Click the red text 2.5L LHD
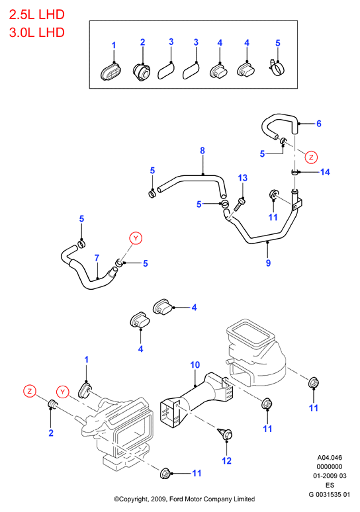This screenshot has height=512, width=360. point(37,15)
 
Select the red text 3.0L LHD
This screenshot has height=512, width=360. point(37,32)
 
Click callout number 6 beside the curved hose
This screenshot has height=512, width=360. point(318,124)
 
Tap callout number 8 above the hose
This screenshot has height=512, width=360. point(202,151)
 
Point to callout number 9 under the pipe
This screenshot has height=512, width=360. point(268,263)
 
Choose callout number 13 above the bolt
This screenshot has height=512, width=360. point(243,178)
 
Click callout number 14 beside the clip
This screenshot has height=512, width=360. point(325,172)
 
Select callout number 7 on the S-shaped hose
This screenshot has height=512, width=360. point(97,258)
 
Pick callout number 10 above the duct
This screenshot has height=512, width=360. point(195,364)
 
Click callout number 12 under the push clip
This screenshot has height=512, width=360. point(226,461)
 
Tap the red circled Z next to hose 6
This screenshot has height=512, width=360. point(311,157)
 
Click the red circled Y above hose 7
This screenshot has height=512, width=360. point(136,238)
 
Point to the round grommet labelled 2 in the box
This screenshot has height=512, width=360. point(142,71)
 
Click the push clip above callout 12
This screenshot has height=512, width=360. point(226,433)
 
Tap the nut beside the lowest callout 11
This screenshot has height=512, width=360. point(165,473)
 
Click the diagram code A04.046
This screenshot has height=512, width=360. point(330,458)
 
